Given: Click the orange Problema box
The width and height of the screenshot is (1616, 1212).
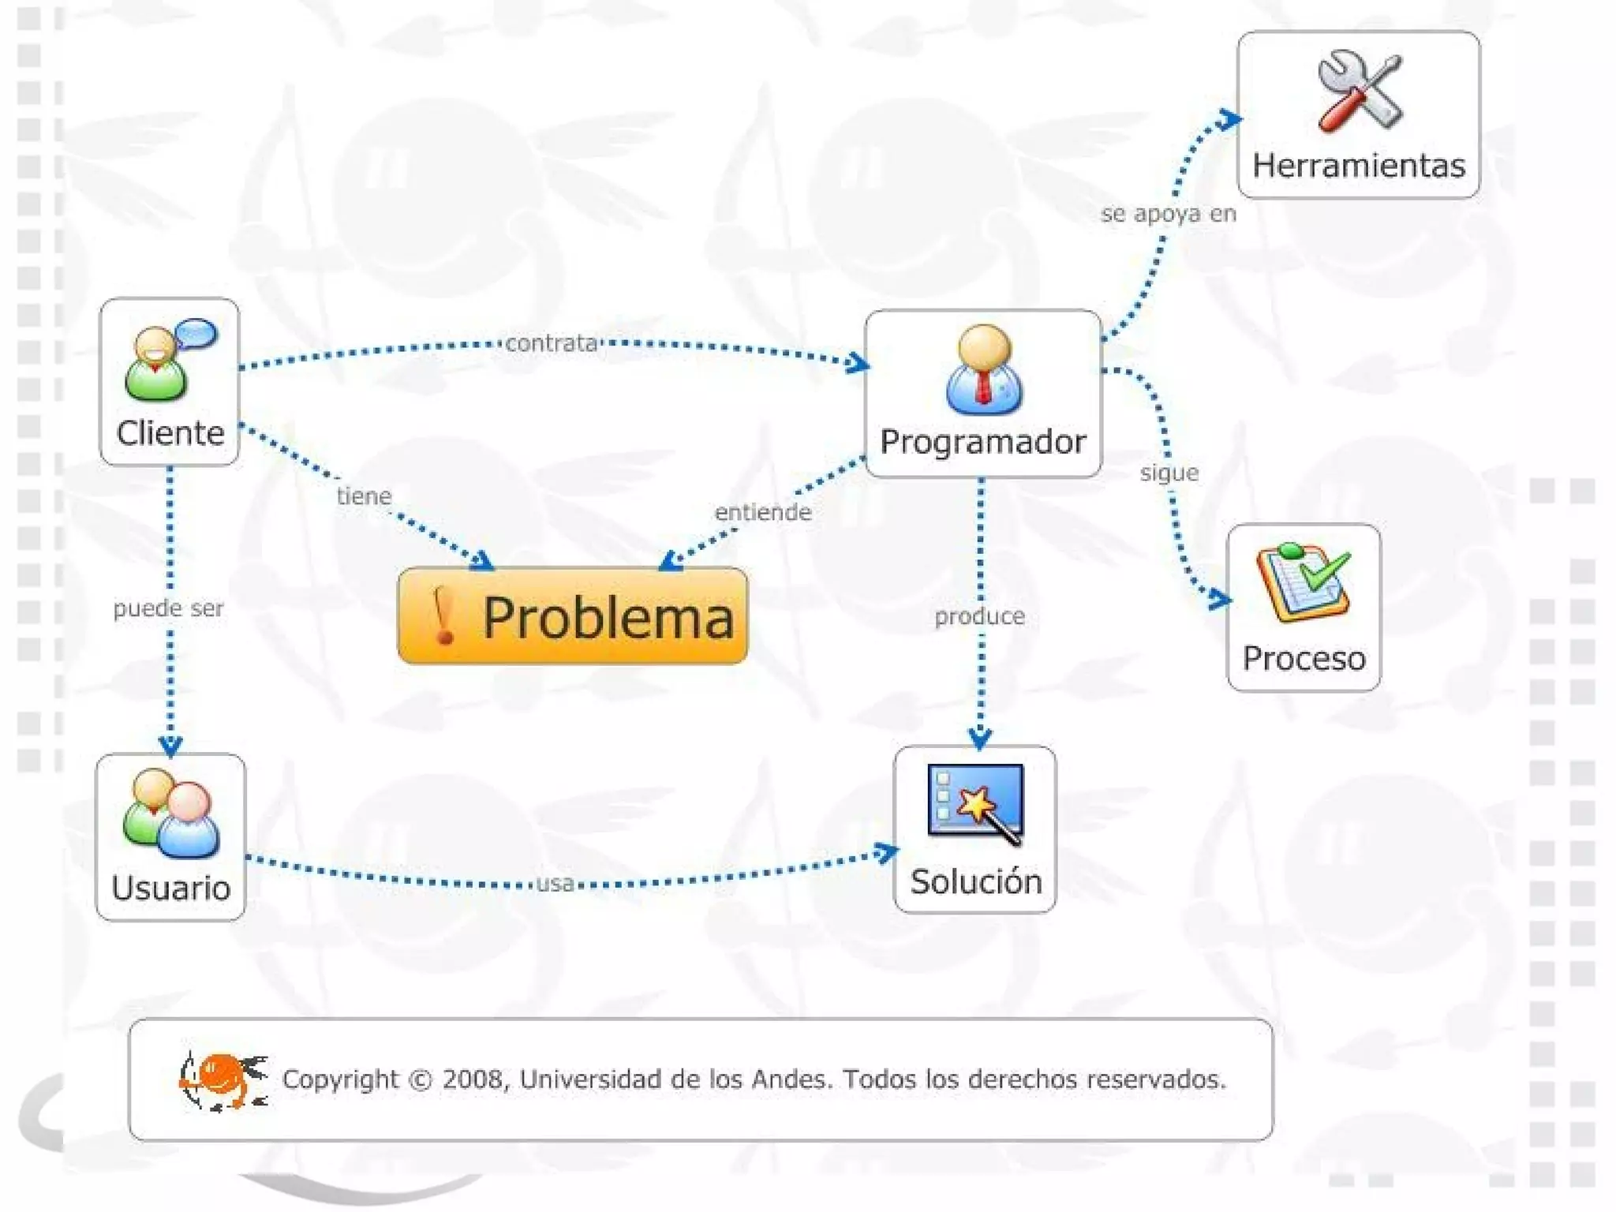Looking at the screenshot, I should coord(572,615).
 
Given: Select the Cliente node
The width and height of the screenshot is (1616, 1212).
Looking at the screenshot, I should coord(170,382).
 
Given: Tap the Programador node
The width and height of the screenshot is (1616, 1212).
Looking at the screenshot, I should coord(982,394).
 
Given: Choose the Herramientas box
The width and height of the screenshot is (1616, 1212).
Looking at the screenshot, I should coord(1358,115).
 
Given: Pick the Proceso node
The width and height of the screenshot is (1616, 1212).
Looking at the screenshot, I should coord(1304,608).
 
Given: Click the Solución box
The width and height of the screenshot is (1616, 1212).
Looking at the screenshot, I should coord(974,829).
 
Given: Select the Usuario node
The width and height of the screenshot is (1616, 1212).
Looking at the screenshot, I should coord(170,837).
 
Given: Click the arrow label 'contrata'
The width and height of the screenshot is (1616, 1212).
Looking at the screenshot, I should coord(552,343).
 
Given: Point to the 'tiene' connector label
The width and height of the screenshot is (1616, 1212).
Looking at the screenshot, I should coord(364,496).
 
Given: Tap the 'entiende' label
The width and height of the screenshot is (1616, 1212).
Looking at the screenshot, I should coord(762,512).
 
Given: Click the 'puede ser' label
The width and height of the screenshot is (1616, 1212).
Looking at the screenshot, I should coord(168,608).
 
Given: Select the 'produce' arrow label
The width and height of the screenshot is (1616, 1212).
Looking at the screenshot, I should coord(979,616).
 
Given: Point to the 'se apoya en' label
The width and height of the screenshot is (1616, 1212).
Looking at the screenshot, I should coord(1168,214).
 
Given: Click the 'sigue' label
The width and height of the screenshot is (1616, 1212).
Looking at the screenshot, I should coord(1169,473).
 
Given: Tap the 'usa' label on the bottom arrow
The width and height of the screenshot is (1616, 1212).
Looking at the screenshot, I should coord(555,883).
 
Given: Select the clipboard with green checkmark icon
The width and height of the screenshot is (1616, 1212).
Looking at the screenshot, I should coord(1304,582).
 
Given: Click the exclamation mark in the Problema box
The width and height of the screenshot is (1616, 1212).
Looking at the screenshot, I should coord(443,616).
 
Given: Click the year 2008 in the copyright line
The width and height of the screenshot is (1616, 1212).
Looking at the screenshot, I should coord(471,1079).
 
